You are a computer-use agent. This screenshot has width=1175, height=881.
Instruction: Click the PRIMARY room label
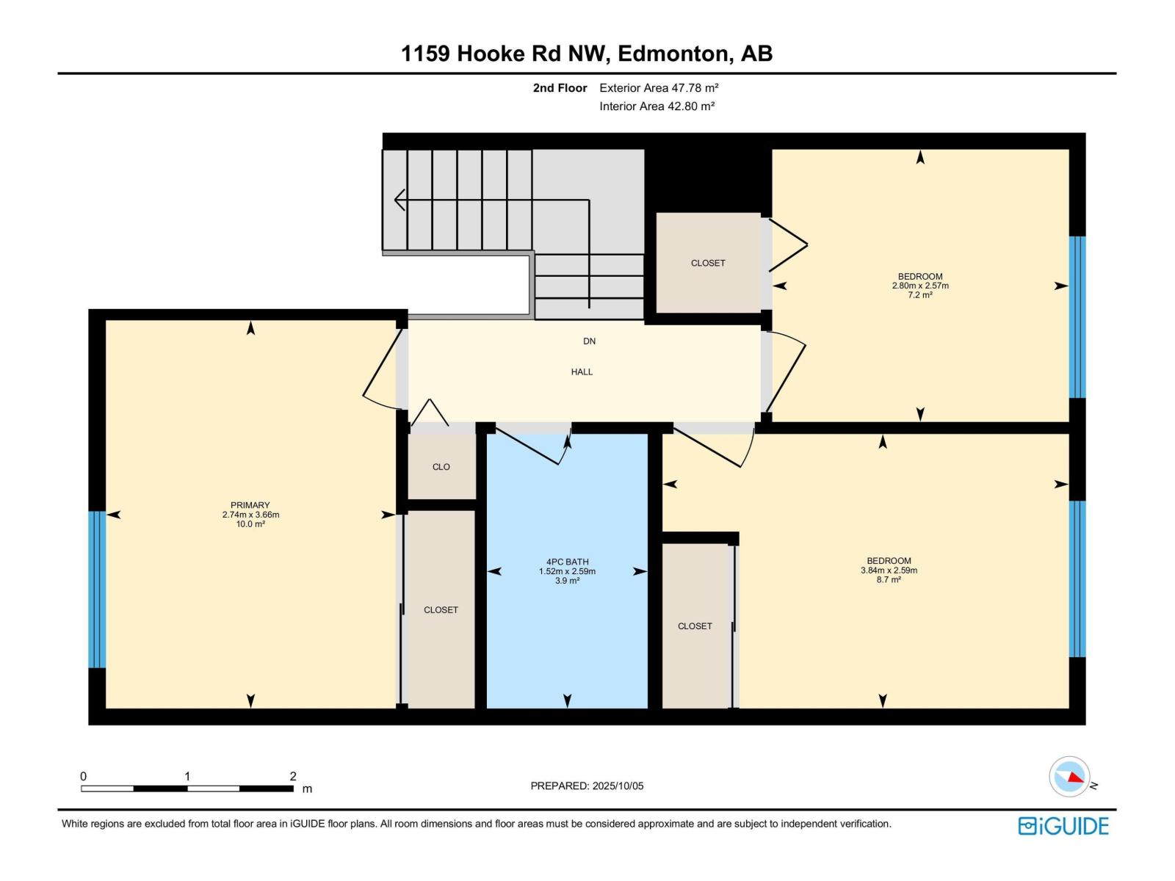pyautogui.click(x=250, y=505)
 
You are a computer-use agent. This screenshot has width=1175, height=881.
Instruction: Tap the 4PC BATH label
pyautogui.click(x=567, y=562)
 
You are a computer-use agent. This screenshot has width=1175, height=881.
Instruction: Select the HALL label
pyautogui.click(x=582, y=372)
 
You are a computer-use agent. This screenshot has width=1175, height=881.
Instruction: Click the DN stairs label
pyautogui.click(x=589, y=341)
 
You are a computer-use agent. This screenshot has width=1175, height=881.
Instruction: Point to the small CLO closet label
pyautogui.click(x=441, y=467)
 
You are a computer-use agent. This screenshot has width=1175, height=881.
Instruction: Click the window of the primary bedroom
pyautogui.click(x=97, y=589)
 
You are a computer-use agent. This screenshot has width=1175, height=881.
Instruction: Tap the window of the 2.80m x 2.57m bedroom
pyautogui.click(x=1077, y=317)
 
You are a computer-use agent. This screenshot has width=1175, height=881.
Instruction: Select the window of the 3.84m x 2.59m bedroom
pyautogui.click(x=1077, y=579)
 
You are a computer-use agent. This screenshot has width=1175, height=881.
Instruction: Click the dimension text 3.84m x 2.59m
pyautogui.click(x=889, y=570)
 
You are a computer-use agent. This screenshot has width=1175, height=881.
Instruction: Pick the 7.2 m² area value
pyautogui.click(x=919, y=295)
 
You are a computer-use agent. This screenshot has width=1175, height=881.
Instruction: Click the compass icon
pyautogui.click(x=1069, y=777)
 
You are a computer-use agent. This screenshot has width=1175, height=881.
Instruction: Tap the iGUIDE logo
pyautogui.click(x=1063, y=826)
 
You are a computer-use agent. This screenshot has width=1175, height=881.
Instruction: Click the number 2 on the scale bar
pyautogui.click(x=292, y=777)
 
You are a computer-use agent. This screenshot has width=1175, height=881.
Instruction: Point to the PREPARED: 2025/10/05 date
pyautogui.click(x=587, y=786)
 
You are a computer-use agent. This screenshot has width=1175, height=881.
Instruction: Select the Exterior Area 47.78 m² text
pyautogui.click(x=658, y=88)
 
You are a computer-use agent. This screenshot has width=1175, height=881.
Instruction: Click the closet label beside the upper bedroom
pyautogui.click(x=707, y=263)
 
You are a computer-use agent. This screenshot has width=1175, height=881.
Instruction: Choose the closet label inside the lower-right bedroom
pyautogui.click(x=694, y=626)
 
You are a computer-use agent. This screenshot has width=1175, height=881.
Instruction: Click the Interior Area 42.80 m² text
pyautogui.click(x=657, y=106)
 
